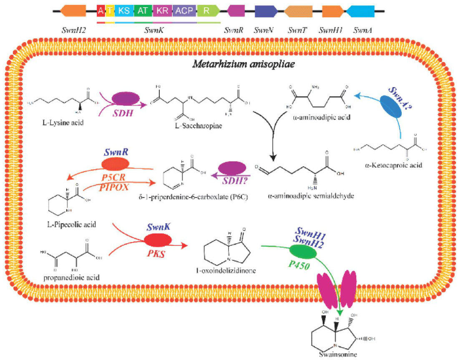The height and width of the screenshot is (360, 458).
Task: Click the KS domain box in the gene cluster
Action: pos(124,11)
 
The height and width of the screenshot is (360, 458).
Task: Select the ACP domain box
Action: pos(183,11)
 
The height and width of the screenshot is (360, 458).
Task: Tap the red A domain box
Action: pos(100,11)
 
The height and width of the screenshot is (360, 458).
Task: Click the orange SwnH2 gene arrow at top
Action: pos(74,11)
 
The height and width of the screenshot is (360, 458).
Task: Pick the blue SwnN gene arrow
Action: pos(264,11)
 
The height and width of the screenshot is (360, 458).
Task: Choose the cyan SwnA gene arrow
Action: pos(360,11)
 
